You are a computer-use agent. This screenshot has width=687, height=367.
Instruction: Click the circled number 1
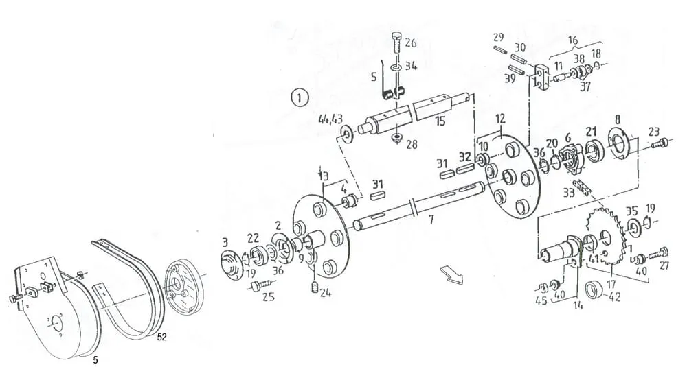tap(299, 97)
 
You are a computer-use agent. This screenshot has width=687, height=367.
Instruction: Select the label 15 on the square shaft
tap(440, 121)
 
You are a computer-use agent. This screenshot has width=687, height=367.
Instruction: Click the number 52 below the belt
tap(162, 338)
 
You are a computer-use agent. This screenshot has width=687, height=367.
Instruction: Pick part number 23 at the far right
tap(653, 132)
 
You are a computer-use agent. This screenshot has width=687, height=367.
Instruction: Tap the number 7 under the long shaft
tap(431, 221)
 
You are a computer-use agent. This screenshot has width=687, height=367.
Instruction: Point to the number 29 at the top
tap(499, 37)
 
